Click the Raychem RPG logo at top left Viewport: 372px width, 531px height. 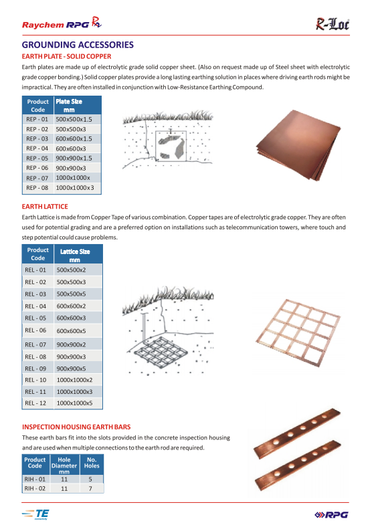pyautogui.click(x=62, y=23)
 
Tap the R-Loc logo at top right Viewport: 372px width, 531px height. pyautogui.click(x=332, y=24)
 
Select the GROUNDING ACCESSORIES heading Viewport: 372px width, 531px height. pyautogui.click(x=78, y=45)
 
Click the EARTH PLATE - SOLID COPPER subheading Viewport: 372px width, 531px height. pyautogui.click(x=66, y=56)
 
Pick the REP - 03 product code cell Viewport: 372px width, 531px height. pyautogui.click(x=37, y=139)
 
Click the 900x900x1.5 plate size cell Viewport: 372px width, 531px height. pyautogui.click(x=74, y=158)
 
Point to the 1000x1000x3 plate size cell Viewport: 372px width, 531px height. pyautogui.click(x=75, y=188)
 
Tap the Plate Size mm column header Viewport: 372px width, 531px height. pyautogui.click(x=69, y=106)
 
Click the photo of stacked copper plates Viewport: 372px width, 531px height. pyautogui.click(x=298, y=144)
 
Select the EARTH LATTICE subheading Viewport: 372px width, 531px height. pyautogui.click(x=45, y=207)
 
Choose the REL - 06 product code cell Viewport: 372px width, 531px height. pyautogui.click(x=35, y=330)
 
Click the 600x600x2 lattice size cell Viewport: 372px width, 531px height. pyautogui.click(x=71, y=306)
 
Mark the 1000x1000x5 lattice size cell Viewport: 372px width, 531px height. pyautogui.click(x=74, y=403)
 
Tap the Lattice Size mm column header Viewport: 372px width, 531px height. pyautogui.click(x=75, y=255)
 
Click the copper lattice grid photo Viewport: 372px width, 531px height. pyautogui.click(x=298, y=332)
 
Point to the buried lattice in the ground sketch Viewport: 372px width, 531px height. pyautogui.click(x=161, y=353)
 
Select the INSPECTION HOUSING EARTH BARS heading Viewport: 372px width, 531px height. pyautogui.click(x=76, y=427)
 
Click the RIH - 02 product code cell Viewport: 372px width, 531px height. pyautogui.click(x=35, y=488)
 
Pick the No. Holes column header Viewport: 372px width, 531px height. pyautogui.click(x=92, y=463)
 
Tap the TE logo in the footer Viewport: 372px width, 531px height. pyautogui.click(x=36, y=514)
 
